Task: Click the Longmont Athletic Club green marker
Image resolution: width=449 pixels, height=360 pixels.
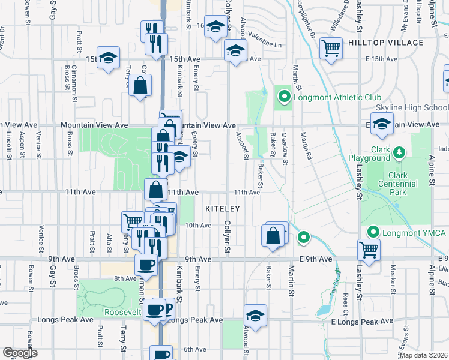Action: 283,97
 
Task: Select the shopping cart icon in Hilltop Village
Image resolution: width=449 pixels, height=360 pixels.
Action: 331,48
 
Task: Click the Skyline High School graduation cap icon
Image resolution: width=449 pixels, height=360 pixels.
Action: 381,125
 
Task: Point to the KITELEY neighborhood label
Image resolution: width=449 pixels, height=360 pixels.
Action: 223,208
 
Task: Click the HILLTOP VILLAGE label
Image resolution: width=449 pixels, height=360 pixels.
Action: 385,43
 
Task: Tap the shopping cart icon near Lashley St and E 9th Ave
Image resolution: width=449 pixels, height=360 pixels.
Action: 369,248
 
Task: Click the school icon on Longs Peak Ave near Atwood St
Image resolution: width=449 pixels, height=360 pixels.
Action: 255,316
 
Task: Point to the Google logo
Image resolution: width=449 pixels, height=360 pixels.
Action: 20,353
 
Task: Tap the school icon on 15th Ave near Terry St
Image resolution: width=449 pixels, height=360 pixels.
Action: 108,58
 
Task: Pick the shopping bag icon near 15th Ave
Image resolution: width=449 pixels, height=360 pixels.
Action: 140,86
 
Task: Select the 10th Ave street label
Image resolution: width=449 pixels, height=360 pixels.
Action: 198,226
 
